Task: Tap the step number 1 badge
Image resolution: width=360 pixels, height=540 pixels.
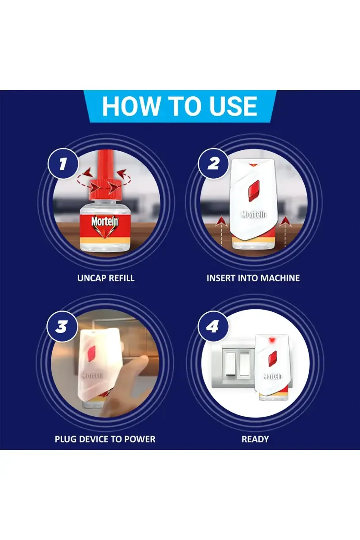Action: pos(63,164)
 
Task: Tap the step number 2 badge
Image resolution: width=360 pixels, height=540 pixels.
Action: pos(213,164)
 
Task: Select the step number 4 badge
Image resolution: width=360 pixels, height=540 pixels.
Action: pos(213,326)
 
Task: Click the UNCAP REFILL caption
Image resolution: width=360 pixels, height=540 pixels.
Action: pos(106,278)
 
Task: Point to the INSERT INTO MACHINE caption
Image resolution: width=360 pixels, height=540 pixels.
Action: pos(253,278)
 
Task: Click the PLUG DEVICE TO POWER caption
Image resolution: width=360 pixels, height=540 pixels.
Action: pos(105,439)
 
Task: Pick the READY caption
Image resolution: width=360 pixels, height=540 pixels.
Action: pos(255,439)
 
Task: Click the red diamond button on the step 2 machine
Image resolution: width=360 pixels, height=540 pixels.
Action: pos(253,191)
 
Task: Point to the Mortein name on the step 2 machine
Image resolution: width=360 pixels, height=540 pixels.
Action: pos(254,214)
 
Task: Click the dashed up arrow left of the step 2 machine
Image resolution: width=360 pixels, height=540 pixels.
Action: pos(221,231)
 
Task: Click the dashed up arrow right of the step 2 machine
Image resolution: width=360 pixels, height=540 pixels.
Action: pos(285,231)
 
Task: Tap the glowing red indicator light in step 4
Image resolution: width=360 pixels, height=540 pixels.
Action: pos(272,341)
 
